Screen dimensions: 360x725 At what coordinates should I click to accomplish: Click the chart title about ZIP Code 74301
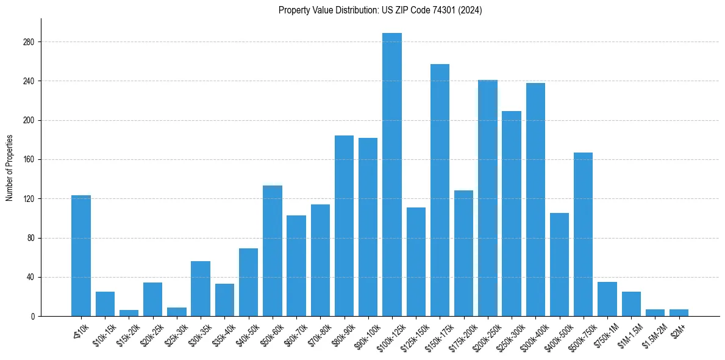point(380,10)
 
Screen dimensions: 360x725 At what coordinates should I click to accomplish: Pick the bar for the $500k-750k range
point(584,234)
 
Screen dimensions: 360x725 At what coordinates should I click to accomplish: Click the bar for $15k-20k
point(129,313)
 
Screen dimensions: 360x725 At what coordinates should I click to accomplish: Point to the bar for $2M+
point(679,313)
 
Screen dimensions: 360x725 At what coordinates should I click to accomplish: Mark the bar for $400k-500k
point(559,265)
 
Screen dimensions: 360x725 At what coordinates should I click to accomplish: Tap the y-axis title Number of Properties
point(10,168)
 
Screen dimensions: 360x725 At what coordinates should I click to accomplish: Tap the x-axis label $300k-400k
point(533,334)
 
